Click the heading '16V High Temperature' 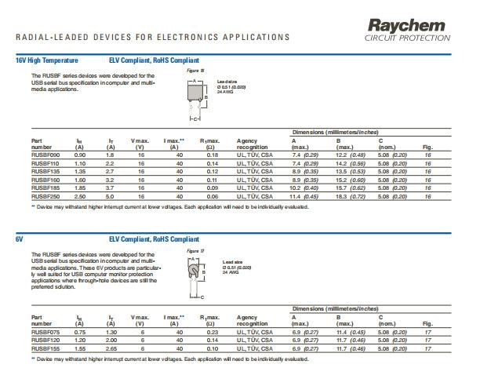point(47,60)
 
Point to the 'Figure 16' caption point(195,71)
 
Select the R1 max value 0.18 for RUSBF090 point(212,155)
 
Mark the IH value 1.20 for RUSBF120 point(80,340)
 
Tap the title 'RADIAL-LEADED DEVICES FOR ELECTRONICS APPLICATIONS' point(152,37)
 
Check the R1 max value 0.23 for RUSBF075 point(212,333)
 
